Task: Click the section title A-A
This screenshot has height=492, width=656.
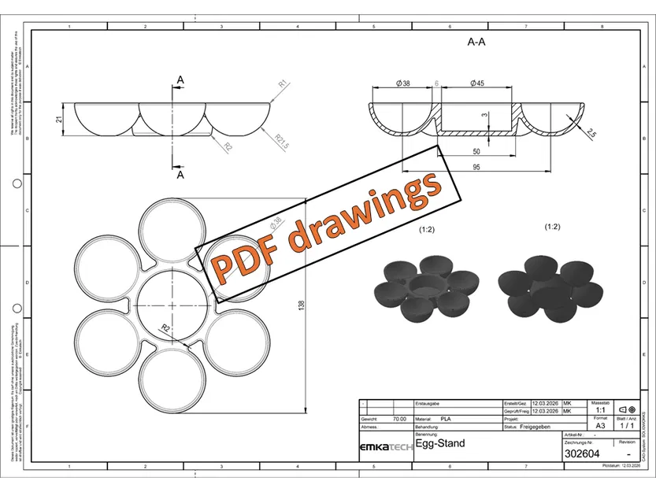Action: [x=476, y=43]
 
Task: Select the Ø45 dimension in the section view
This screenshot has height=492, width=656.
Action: [x=476, y=83]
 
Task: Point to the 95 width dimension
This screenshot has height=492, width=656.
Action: [x=476, y=166]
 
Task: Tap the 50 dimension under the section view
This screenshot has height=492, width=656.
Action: [x=476, y=150]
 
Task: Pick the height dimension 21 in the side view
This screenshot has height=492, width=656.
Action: [x=58, y=119]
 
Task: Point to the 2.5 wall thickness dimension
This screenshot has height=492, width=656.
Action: [x=591, y=134]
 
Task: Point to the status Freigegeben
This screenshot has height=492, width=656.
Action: [x=539, y=427]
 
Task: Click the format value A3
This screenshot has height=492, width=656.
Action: [x=600, y=426]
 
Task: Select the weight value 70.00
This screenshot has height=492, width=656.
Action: [x=399, y=420]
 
